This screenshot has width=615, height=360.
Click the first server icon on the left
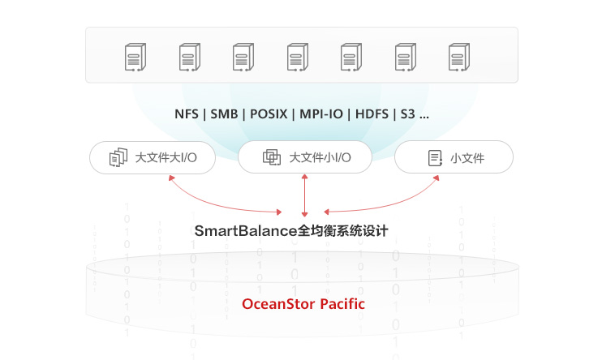pyautogui.click(x=135, y=57)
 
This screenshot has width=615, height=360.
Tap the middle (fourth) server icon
pyautogui.click(x=298, y=57)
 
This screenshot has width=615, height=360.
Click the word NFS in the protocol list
pyautogui.click(x=186, y=114)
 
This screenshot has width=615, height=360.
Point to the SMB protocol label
pyautogui.click(x=224, y=114)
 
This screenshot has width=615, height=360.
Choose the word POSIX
pyautogui.click(x=268, y=114)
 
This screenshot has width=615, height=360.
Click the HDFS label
pyautogui.click(x=372, y=114)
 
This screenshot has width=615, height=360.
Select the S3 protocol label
pyautogui.click(x=407, y=114)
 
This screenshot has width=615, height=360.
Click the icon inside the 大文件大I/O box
pyautogui.click(x=118, y=157)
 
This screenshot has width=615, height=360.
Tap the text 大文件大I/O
pyautogui.click(x=166, y=157)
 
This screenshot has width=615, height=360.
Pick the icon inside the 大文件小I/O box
pyautogui.click(x=271, y=157)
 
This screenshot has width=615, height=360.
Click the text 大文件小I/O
pyautogui.click(x=320, y=157)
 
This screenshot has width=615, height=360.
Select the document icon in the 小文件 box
pyautogui.click(x=435, y=157)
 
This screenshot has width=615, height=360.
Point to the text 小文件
pyautogui.click(x=467, y=158)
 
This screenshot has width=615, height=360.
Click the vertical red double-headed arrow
pyautogui.click(x=304, y=195)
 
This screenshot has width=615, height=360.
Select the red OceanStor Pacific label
pyautogui.click(x=303, y=305)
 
